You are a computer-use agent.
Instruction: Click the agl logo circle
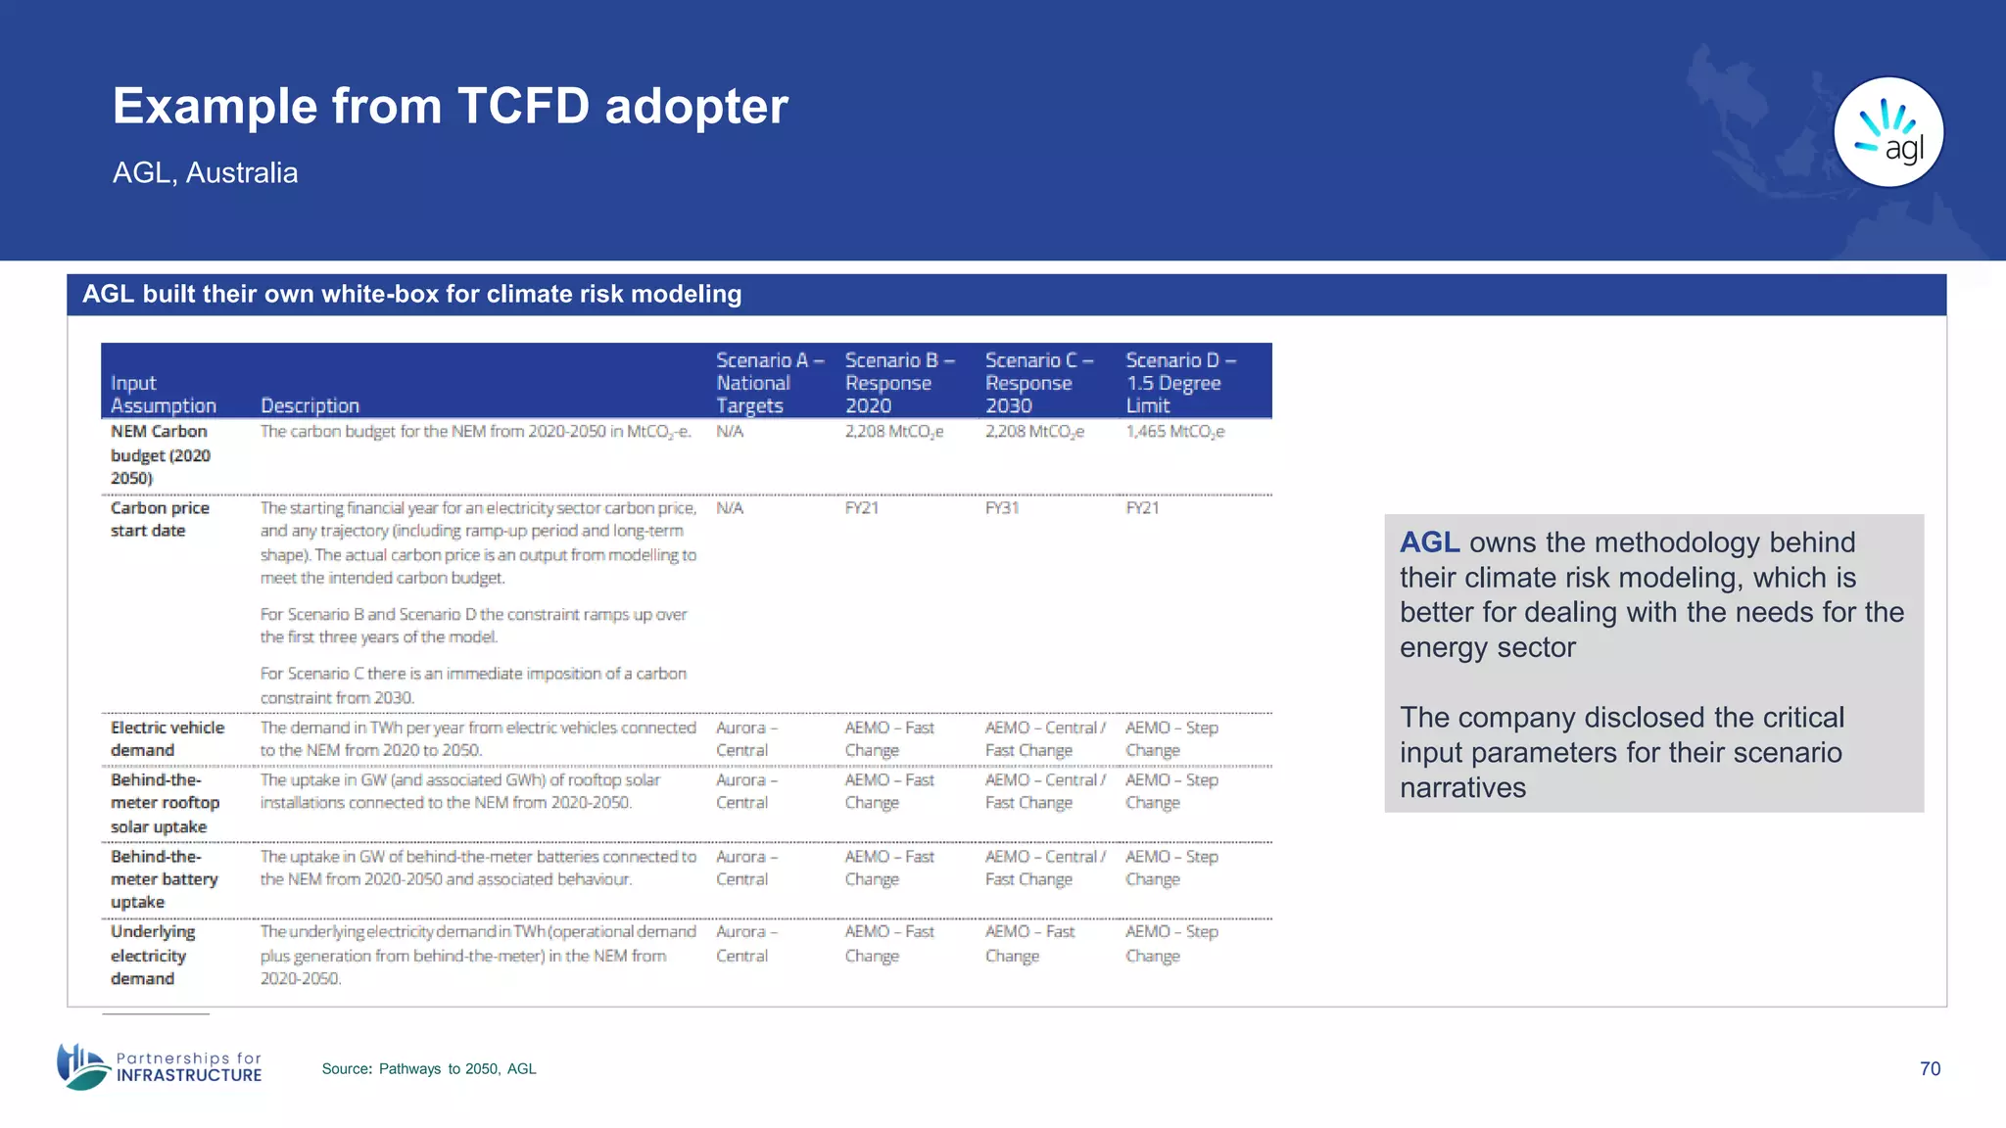(x=1887, y=132)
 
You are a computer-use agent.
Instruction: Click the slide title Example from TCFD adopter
(x=450, y=106)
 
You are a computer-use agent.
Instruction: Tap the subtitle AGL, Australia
(x=205, y=172)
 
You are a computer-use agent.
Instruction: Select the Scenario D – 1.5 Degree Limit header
(x=1179, y=383)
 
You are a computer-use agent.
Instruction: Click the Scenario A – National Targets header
(x=768, y=383)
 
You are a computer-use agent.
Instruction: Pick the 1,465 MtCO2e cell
(x=1174, y=432)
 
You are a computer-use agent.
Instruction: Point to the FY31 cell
(x=1002, y=508)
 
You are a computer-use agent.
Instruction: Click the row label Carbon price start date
(x=160, y=519)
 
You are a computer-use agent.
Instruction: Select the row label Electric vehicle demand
(x=167, y=738)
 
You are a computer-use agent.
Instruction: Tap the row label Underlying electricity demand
(x=153, y=955)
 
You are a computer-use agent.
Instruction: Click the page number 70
(x=1930, y=1068)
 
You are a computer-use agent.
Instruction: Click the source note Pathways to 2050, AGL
(x=429, y=1068)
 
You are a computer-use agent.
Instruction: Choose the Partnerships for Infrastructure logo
(x=160, y=1066)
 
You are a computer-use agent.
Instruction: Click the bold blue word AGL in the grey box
(x=1429, y=542)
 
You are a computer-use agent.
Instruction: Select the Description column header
(x=310, y=405)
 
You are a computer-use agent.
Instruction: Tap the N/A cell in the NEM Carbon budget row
(x=730, y=432)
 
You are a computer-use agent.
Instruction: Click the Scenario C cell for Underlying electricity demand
(x=1029, y=943)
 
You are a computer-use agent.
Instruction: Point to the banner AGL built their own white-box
(x=411, y=294)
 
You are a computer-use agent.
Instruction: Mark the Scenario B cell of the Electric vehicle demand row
(x=889, y=738)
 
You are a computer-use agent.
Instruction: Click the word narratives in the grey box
(x=1462, y=787)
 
